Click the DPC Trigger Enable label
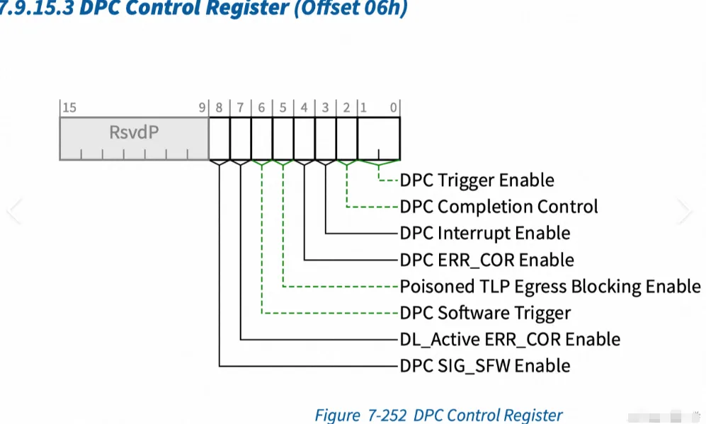pyautogui.click(x=477, y=181)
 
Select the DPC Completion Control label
pyautogui.click(x=499, y=207)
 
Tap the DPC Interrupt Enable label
pyautogui.click(x=484, y=233)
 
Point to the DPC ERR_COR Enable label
pyautogui.click(x=486, y=260)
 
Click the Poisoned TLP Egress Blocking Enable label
pyautogui.click(x=550, y=287)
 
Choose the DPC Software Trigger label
pyautogui.click(x=485, y=313)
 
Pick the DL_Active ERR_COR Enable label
pyautogui.click(x=510, y=340)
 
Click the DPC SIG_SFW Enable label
pyautogui.click(x=484, y=366)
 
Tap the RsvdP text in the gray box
pyautogui.click(x=134, y=132)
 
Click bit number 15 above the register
pyautogui.click(x=69, y=108)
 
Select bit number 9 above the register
pyautogui.click(x=202, y=108)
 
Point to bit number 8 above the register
pyautogui.click(x=219, y=108)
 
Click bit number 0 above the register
pyautogui.click(x=394, y=108)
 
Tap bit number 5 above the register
pyautogui.click(x=283, y=108)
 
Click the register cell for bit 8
pyautogui.click(x=220, y=138)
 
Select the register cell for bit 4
pyautogui.click(x=304, y=138)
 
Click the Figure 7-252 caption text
pyautogui.click(x=438, y=415)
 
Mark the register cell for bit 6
pyautogui.click(x=262, y=138)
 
